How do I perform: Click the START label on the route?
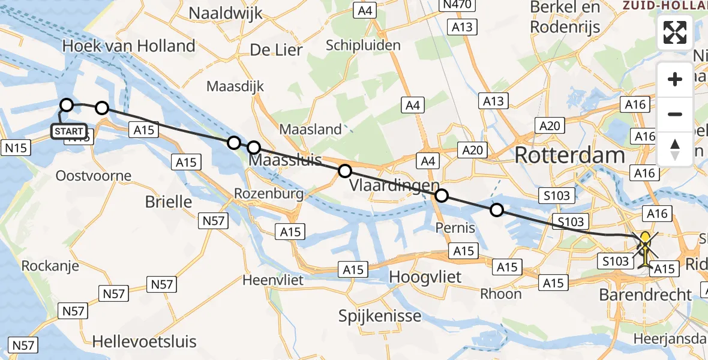[69, 131]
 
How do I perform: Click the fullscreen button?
[675, 32]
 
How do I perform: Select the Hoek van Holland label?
[129, 46]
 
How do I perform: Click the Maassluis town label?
[285, 161]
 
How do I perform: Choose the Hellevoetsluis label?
[144, 342]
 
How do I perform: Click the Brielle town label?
[169, 202]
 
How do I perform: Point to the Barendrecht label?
[646, 295]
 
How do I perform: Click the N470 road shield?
[458, 5]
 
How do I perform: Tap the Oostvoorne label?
[93, 176]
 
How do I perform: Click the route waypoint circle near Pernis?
[497, 210]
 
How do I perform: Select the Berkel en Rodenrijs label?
[565, 17]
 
